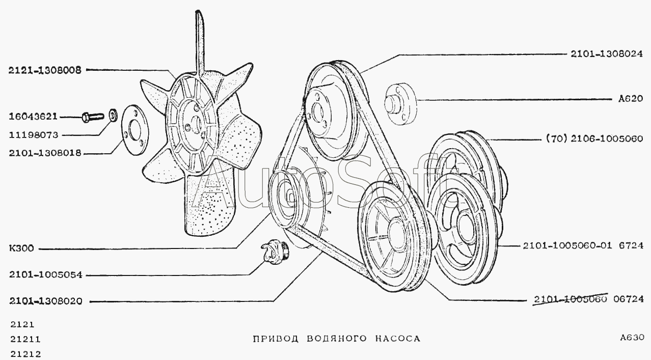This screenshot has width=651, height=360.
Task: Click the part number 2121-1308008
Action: click(x=45, y=71)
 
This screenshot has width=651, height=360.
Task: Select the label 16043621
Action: click(x=34, y=117)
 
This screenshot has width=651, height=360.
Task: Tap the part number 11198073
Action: click(x=34, y=135)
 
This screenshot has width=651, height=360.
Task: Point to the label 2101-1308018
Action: click(x=45, y=153)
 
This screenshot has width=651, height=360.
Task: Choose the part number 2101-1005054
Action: click(x=45, y=275)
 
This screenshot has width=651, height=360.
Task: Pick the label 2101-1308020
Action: click(x=45, y=301)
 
